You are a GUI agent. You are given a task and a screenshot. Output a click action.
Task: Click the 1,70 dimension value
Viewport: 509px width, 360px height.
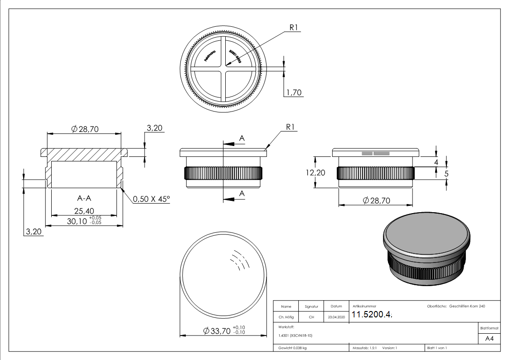pyautogui.click(x=294, y=92)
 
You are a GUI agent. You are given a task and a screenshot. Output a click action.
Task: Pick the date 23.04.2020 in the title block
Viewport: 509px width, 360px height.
pyautogui.click(x=335, y=317)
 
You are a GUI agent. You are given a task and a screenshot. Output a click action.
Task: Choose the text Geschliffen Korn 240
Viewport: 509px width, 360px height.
pyautogui.click(x=467, y=307)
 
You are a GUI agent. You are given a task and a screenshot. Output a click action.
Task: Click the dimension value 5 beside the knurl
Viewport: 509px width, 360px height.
pyautogui.click(x=446, y=173)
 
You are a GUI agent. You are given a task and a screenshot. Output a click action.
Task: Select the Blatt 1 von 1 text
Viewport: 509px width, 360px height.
pyautogui.click(x=436, y=348)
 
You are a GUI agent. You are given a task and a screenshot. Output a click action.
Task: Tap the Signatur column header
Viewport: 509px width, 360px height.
pyautogui.click(x=311, y=307)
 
